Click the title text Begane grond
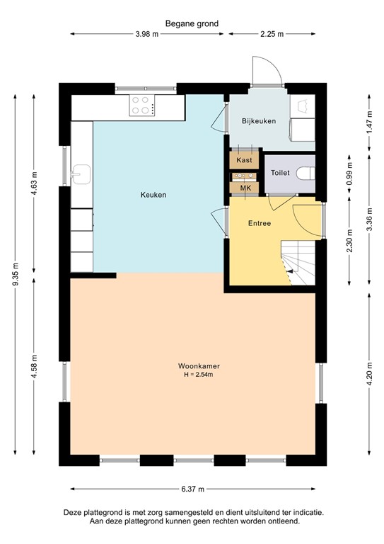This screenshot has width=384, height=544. tap(192, 23)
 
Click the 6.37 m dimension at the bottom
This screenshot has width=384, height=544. tap(192, 489)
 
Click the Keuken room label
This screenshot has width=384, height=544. tap(153, 195)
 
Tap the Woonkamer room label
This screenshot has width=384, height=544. tap(194, 366)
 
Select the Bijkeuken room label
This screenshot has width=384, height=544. tap(259, 121)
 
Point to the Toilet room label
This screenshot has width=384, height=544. tap(281, 173)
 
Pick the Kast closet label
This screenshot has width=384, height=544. tap(244, 160)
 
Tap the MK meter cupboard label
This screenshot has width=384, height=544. tap(245, 187)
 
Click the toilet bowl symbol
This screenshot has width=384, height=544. tap(306, 173)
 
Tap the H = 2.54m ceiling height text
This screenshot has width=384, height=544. tap(194, 375)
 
